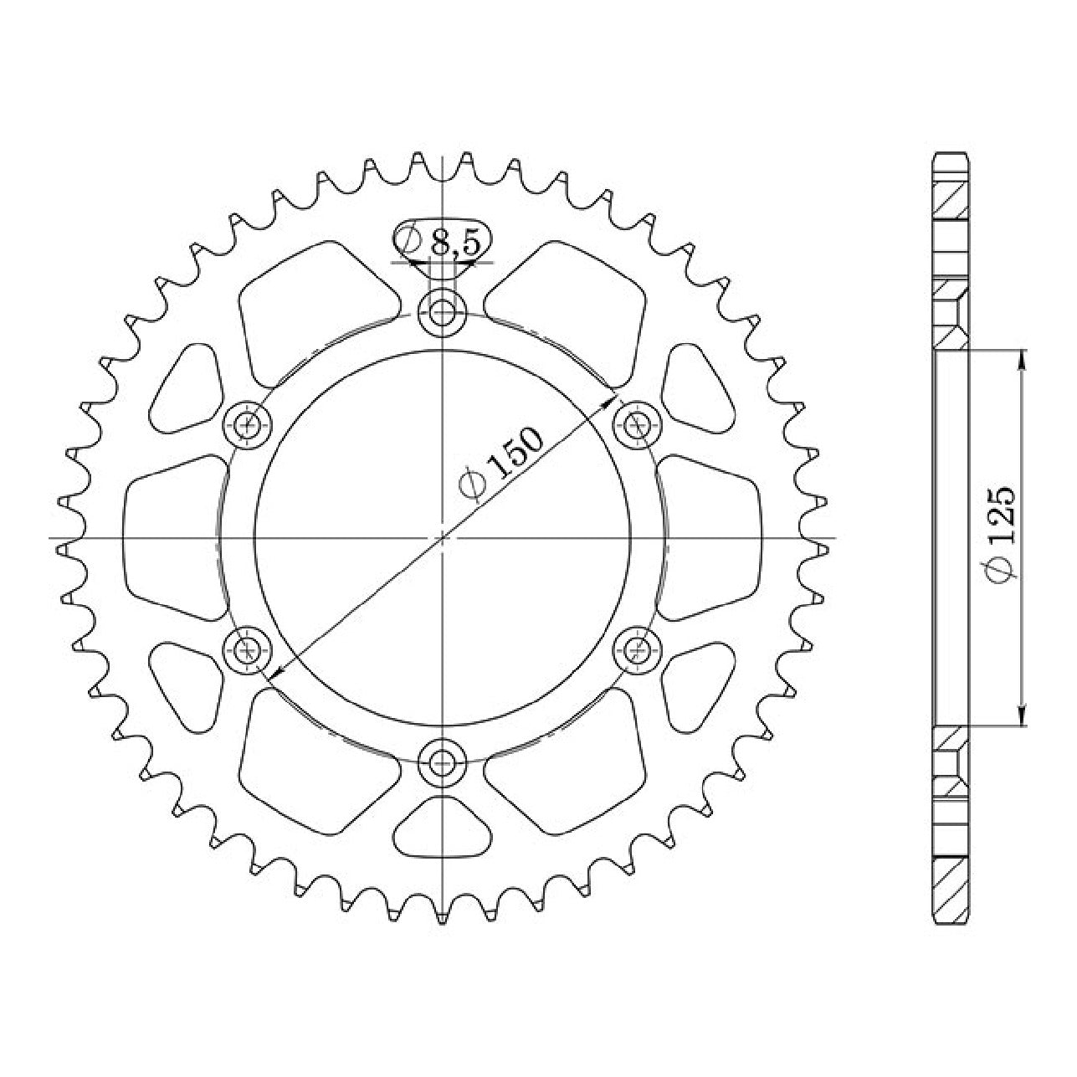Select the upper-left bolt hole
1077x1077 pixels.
247,426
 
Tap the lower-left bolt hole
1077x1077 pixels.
247,650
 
